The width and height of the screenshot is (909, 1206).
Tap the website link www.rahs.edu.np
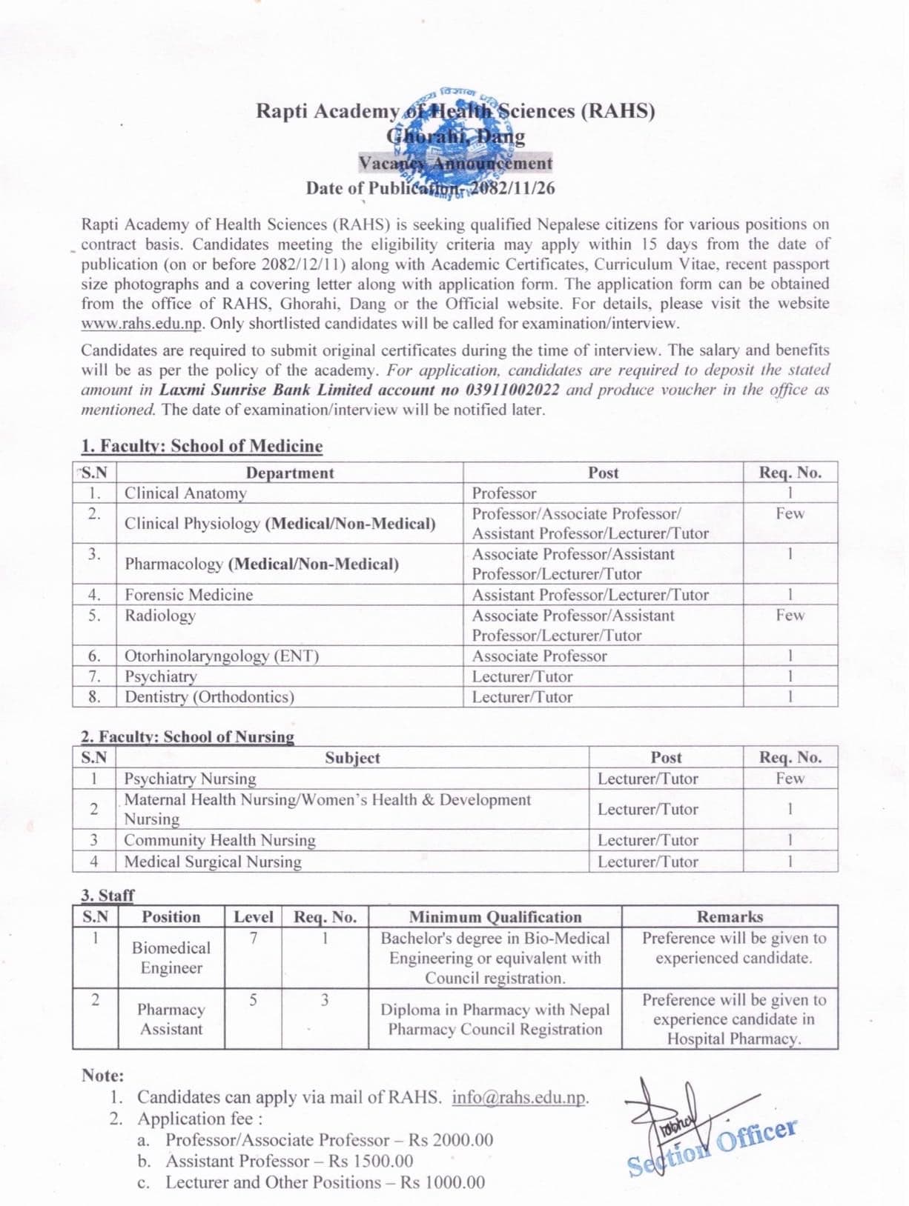point(142,324)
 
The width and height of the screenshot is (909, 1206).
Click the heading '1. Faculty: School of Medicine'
point(202,446)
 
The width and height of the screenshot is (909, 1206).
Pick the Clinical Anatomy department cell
point(185,493)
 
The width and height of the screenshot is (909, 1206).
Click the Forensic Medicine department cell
point(188,595)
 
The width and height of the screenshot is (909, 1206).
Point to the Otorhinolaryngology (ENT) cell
point(221,656)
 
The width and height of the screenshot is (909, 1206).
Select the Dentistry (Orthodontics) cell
point(209,697)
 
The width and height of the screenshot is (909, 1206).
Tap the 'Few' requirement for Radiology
point(790,616)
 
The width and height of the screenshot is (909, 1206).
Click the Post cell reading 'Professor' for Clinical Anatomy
point(504,493)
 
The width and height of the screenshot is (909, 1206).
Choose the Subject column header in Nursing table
point(352,758)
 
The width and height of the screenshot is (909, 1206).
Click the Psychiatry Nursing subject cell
point(190,779)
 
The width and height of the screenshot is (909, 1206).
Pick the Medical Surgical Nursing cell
point(213,862)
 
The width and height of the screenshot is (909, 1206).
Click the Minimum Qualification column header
point(495,917)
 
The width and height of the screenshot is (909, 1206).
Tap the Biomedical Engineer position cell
point(171,958)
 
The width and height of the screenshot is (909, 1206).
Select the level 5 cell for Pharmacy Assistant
point(253,1000)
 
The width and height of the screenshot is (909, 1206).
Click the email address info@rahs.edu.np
point(520,1097)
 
